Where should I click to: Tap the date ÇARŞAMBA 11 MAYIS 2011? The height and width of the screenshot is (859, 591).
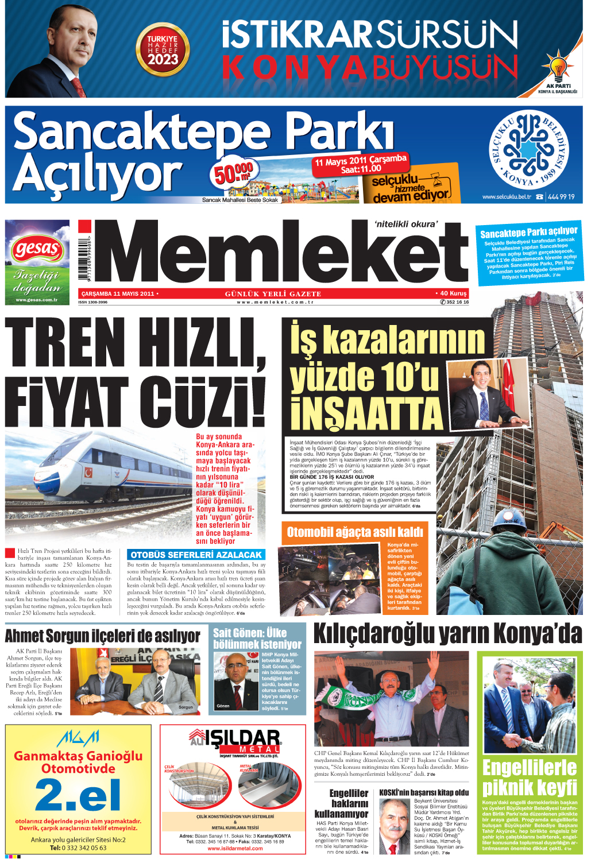118,293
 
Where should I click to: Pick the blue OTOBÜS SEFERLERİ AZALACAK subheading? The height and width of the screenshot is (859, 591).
196,555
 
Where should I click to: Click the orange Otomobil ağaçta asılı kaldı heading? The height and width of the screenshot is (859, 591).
354,532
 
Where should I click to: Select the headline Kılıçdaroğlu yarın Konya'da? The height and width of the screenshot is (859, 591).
447,634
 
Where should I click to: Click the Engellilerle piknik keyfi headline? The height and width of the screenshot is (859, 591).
529,777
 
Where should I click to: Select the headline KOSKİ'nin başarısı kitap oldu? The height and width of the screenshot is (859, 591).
424,792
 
